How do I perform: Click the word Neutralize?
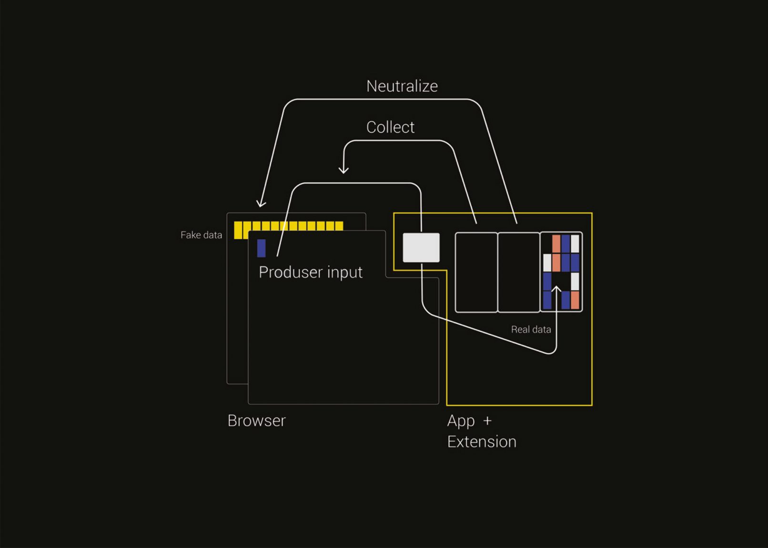[402, 86]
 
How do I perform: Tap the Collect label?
[390, 127]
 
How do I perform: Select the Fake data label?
[201, 235]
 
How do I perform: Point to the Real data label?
[531, 329]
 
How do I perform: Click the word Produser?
[291, 272]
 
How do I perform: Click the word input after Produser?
[344, 273]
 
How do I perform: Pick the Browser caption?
[256, 421]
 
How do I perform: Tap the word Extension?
[481, 442]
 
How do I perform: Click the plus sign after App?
[487, 421]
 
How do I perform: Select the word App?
[461, 421]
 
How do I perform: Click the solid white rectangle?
[421, 248]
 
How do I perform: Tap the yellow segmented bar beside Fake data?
[288, 227]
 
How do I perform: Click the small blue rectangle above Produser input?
[261, 248]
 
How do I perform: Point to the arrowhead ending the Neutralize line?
[260, 204]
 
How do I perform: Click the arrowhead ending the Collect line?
[344, 170]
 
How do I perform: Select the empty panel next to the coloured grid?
[518, 272]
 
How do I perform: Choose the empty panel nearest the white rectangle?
[476, 272]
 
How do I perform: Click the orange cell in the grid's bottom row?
[575, 300]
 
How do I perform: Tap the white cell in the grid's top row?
[575, 244]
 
